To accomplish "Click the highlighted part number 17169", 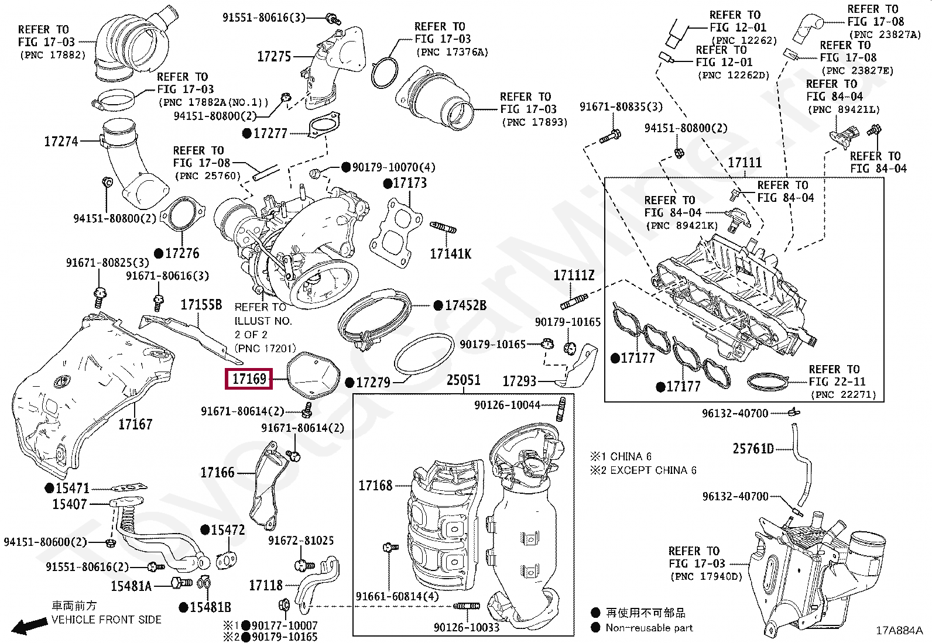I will [249, 379].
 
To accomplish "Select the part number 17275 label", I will [274, 57].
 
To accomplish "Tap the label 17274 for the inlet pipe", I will [61, 141].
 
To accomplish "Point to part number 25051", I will [463, 380].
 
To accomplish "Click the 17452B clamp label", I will [465, 305].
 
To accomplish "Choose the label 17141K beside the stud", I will [450, 253].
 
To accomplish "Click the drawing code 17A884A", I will [899, 630].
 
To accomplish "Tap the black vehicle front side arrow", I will [30, 627].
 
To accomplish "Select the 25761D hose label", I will [753, 449].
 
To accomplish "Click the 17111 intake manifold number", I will [744, 163].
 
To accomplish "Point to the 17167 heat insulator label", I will [135, 424].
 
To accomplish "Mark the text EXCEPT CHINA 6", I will [653, 470].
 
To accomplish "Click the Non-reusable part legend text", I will [649, 628].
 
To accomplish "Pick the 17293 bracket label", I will [519, 381].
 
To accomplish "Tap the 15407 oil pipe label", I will [69, 504].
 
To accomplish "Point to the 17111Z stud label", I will [574, 275].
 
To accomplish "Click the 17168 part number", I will [375, 485].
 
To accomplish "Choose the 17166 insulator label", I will [217, 472].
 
